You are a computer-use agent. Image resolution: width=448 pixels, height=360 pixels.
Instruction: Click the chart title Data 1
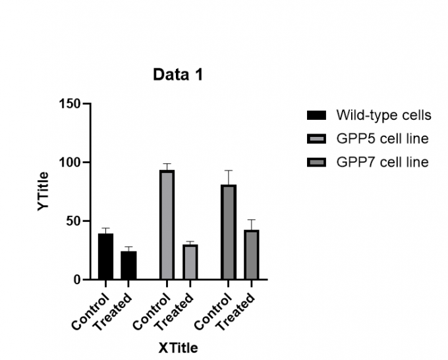pos(178,75)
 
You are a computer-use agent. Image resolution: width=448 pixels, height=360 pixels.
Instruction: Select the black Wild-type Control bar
pos(105,257)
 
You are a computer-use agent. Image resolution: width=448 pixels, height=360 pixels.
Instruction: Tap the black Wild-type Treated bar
pos(128,265)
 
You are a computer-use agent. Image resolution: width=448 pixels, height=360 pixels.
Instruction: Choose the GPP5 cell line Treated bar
pos(190,262)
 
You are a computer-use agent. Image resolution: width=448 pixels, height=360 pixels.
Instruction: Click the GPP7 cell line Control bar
pos(229,232)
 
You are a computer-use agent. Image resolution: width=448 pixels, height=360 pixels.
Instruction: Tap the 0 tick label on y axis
pos(76,280)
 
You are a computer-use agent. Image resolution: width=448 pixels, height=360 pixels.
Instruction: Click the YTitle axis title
pos(43,191)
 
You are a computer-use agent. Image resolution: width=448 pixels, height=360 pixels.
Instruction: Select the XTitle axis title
pos(178,347)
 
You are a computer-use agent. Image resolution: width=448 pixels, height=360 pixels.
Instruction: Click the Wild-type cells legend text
pos(383,115)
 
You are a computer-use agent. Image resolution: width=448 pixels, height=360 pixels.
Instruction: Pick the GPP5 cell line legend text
pos(382,138)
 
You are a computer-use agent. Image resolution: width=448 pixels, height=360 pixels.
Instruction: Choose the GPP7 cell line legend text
pos(382,162)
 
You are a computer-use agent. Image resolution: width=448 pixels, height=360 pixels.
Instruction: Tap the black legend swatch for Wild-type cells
pos(316,116)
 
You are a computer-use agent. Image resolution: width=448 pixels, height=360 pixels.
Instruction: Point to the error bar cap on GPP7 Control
pos(229,170)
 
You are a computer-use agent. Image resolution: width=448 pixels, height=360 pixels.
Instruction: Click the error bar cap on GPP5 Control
pos(167,164)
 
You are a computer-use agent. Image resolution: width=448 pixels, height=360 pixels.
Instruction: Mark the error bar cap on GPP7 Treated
pos(251,220)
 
